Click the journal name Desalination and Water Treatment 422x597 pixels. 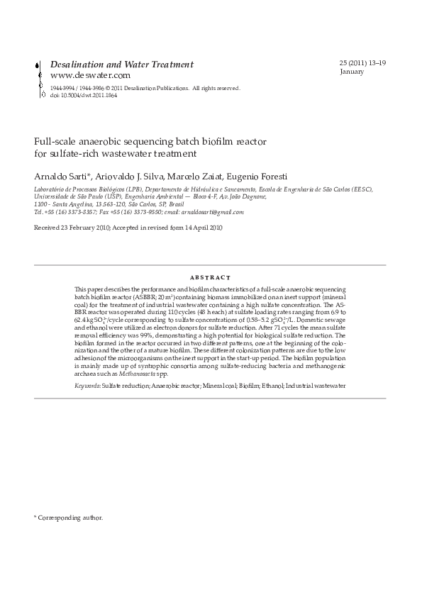pos(122,65)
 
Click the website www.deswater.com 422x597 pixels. pos(90,75)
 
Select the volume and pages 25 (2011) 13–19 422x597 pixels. pos(362,64)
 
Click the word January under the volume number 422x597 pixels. pos(352,72)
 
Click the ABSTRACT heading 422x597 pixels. pos(211,277)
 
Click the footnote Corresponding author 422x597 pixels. pos(71,518)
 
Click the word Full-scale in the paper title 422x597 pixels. pos(55,142)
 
